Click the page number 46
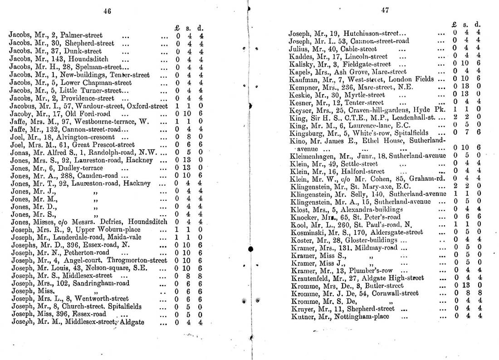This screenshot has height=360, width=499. (107, 11)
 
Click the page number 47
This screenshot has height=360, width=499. (385, 11)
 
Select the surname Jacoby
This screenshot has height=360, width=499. (21, 113)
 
